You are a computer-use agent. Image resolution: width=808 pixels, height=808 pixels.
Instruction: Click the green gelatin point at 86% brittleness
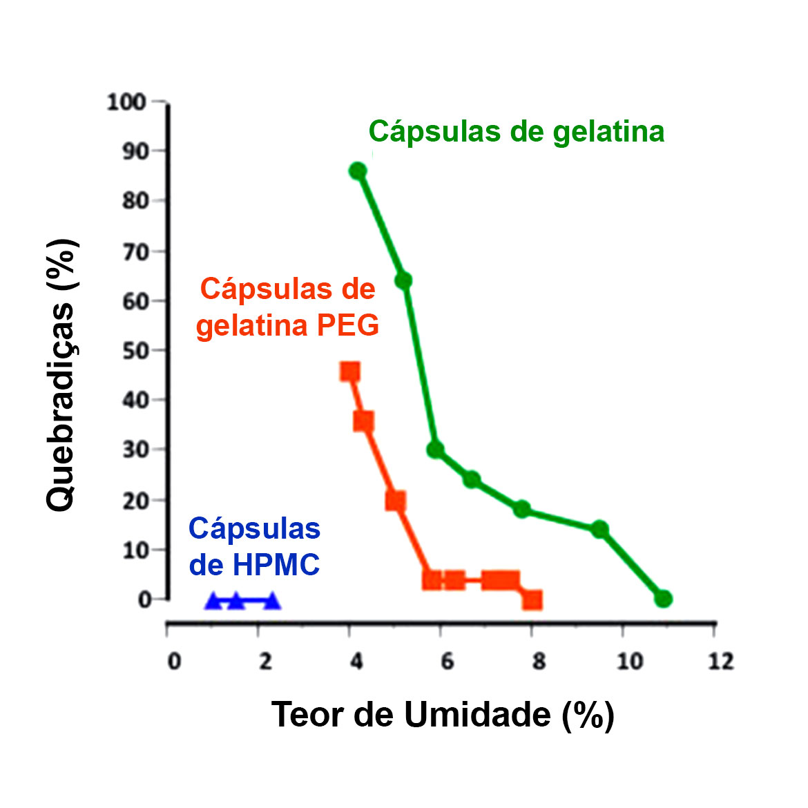coord(357,171)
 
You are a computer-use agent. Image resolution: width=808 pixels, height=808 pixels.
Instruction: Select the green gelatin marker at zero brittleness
coord(663,599)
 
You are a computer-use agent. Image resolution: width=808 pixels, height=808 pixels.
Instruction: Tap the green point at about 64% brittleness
coord(403,280)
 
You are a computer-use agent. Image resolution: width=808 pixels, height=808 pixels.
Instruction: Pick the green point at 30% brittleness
coord(435,450)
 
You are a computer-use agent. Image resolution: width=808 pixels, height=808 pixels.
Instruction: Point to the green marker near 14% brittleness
coord(599,529)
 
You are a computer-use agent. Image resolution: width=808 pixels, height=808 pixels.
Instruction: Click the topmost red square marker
coord(350,372)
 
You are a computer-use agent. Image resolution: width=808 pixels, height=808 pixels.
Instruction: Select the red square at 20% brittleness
coord(396,501)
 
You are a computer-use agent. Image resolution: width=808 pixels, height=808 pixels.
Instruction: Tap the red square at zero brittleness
coord(532,599)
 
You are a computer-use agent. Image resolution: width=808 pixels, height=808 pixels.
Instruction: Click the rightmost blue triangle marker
coord(272,601)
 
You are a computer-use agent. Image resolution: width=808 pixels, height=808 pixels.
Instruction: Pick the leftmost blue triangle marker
coord(213,601)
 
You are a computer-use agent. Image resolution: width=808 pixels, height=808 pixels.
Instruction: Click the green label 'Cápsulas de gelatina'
coord(516,131)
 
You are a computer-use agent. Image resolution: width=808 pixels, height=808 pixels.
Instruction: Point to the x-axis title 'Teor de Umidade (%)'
coord(443,714)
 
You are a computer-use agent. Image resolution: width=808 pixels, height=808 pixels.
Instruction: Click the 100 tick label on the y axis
coord(126,102)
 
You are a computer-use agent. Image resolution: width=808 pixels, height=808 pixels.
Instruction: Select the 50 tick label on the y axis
coord(135,350)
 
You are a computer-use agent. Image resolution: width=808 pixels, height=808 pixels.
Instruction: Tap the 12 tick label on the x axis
coord(721,662)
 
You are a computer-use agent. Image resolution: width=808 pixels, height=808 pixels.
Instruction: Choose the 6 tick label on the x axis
coord(448,662)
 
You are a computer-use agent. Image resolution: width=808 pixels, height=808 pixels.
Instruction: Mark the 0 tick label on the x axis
coord(174,662)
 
